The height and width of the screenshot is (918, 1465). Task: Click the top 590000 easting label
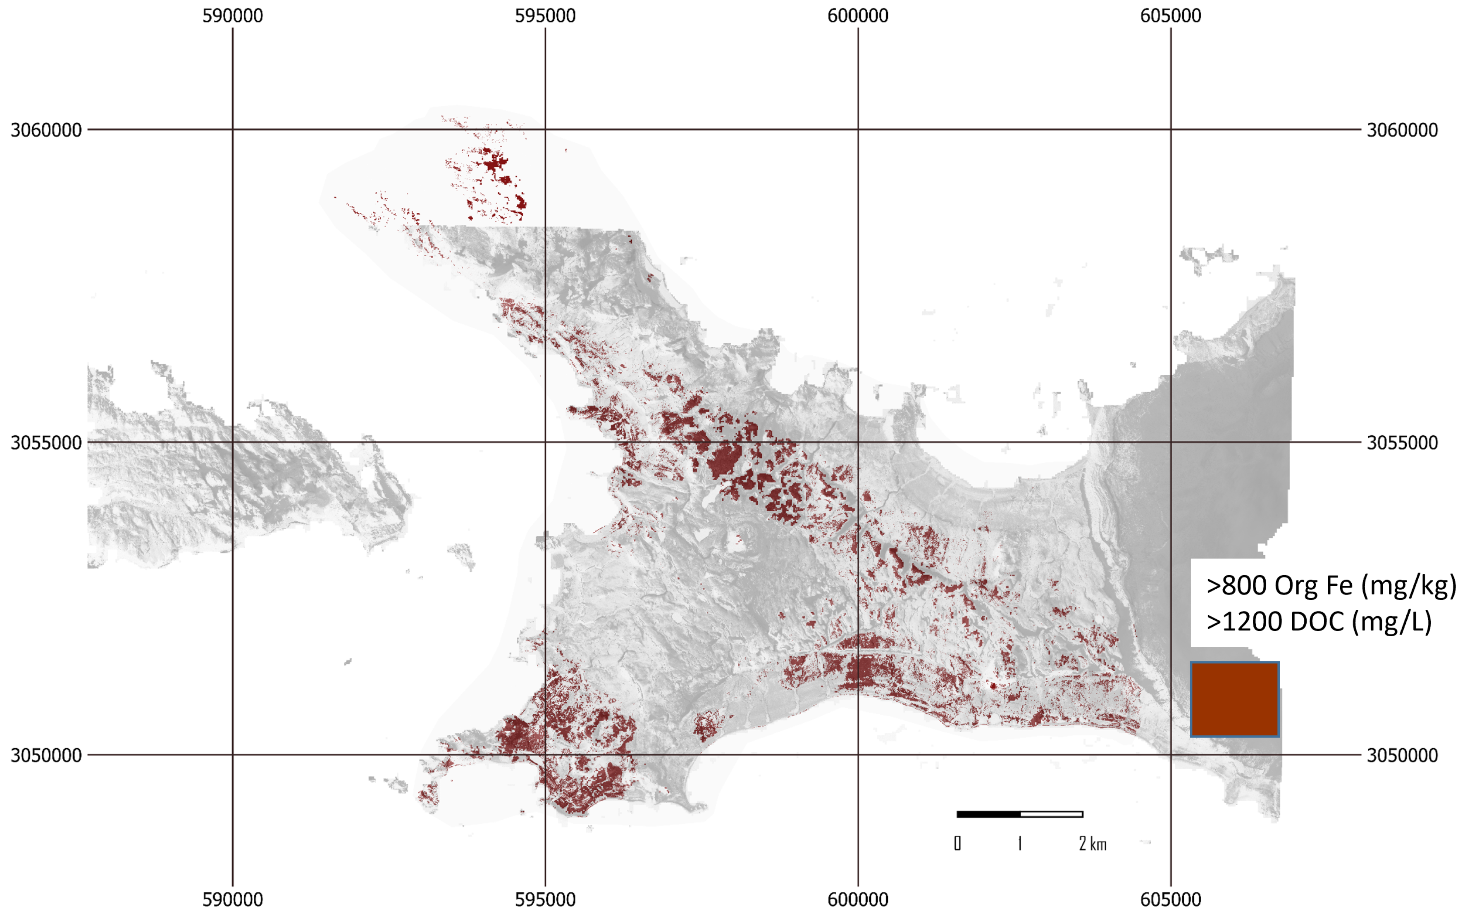233,16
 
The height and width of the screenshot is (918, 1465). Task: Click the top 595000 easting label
545,16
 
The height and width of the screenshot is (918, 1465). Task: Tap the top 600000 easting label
858,16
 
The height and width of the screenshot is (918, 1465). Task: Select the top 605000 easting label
1170,16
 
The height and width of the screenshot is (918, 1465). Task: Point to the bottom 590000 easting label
233,899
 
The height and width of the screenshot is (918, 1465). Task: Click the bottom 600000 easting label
858,899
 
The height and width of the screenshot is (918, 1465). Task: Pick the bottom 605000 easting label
1170,899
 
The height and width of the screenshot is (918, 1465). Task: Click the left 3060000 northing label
46,130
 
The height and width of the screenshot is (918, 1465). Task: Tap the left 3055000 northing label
46,442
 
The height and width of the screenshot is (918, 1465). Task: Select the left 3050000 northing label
46,755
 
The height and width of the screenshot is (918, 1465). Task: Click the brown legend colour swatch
1234,699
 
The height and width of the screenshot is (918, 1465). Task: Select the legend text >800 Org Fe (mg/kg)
1331,585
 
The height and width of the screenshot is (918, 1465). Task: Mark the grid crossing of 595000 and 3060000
545,129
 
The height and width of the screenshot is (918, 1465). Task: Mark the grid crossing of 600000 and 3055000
858,442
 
